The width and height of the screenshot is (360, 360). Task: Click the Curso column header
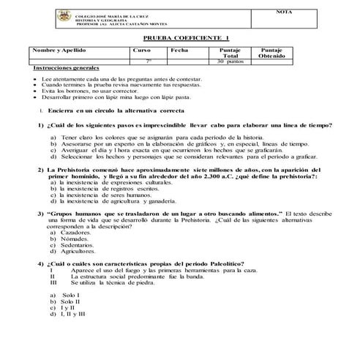pyautogui.click(x=142, y=50)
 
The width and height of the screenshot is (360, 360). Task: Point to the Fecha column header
pyautogui.click(x=179, y=50)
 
